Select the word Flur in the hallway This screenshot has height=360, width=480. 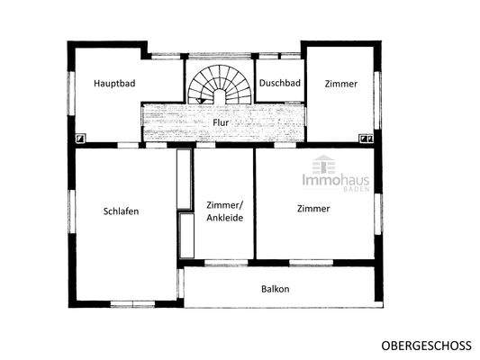point(221,121)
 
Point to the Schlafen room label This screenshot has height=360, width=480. point(121,211)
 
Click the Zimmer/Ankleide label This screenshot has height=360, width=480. point(224,211)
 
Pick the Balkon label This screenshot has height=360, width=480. point(275,289)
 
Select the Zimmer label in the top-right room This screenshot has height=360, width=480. point(341,84)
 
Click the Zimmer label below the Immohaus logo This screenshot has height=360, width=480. point(313,209)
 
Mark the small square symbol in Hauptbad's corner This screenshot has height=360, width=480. point(81,138)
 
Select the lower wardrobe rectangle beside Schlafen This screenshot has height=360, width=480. point(186,236)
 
